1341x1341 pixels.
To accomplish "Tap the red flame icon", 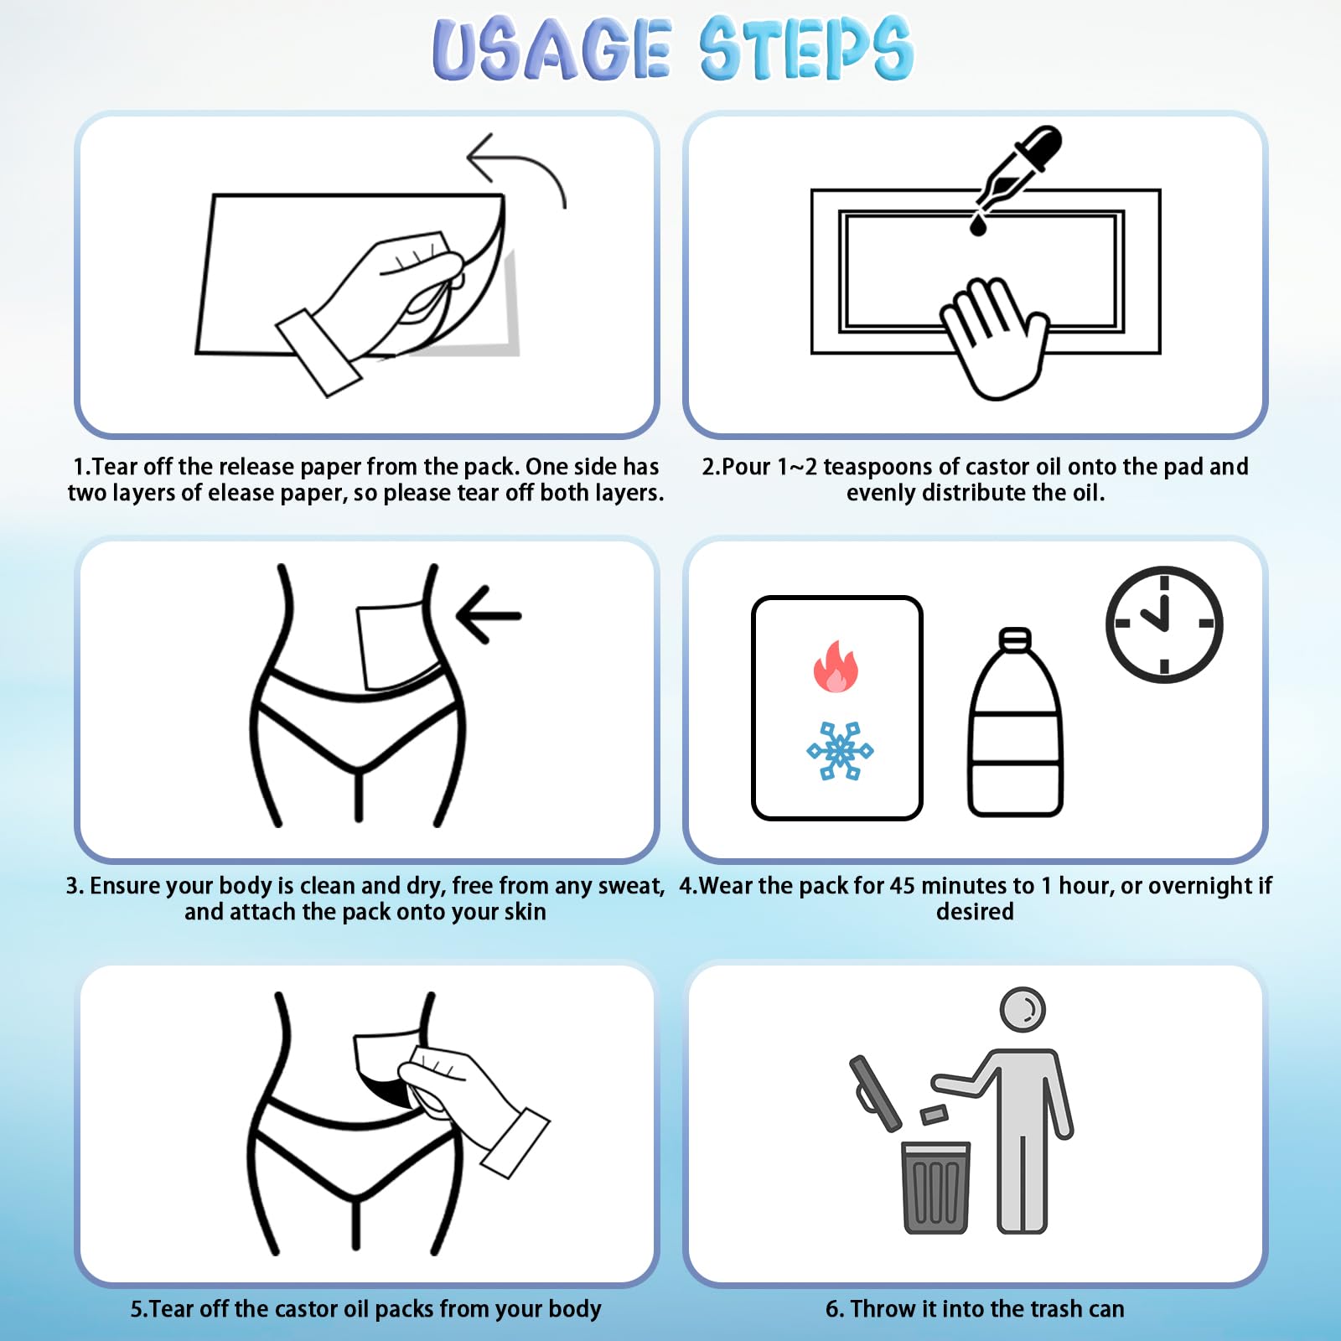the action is click(x=836, y=666).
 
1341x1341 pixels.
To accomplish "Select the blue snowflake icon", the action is click(x=840, y=750).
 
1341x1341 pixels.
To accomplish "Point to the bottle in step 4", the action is click(x=1016, y=722).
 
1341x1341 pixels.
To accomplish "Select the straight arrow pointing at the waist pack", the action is click(x=489, y=615).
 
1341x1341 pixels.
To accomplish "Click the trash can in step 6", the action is click(x=936, y=1187).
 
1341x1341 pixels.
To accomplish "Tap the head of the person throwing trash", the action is click(x=1023, y=1009).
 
